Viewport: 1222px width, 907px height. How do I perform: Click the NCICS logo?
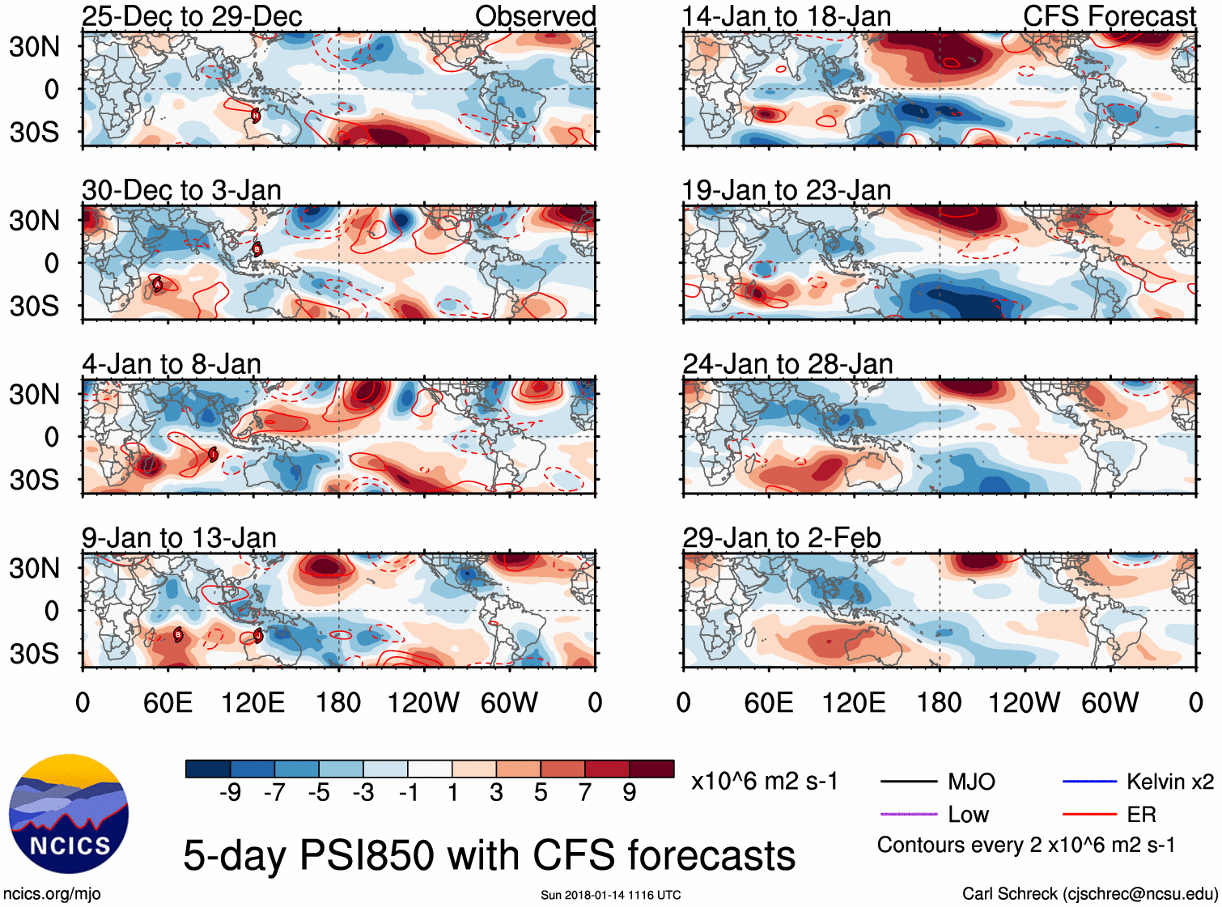click(69, 814)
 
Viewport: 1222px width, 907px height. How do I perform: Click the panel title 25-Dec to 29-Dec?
click(192, 16)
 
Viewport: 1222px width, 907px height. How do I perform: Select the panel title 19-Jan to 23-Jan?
click(786, 190)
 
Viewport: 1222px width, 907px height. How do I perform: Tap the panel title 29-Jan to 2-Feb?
click(781, 538)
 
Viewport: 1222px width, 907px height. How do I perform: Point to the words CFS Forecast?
click(1109, 16)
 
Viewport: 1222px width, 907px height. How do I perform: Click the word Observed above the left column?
click(535, 16)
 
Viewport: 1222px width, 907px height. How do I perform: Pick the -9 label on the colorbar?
click(230, 792)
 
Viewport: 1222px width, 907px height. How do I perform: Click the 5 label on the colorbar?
click(541, 792)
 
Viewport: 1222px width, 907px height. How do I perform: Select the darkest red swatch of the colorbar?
click(651, 769)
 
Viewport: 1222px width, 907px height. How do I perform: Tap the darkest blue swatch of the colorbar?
click(207, 769)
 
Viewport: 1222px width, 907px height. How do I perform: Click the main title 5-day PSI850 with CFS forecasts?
click(489, 855)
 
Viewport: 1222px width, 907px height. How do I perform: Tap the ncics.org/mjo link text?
click(52, 894)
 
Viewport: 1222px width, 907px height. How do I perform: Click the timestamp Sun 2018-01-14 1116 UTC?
click(610, 895)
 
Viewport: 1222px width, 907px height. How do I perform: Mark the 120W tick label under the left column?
click(423, 702)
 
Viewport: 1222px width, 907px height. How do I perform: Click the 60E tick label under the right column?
click(768, 702)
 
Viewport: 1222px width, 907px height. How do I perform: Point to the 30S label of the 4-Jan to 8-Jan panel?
click(34, 480)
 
